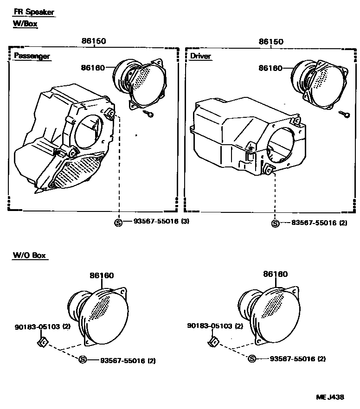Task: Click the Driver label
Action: [x=200, y=56]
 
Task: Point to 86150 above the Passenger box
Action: [x=94, y=41]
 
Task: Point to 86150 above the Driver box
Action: [x=270, y=41]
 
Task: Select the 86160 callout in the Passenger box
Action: [x=93, y=68]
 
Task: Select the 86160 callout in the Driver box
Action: [x=270, y=68]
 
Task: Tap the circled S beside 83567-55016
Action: [x=276, y=224]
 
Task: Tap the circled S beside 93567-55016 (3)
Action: [x=118, y=222]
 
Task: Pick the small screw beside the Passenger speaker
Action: [x=149, y=114]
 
